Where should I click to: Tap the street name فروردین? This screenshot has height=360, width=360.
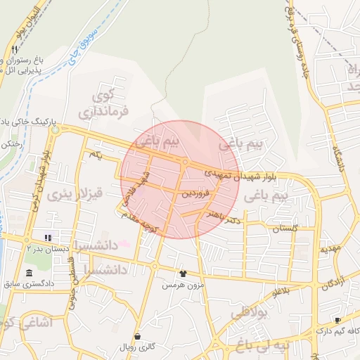pyautogui.click(x=196, y=193)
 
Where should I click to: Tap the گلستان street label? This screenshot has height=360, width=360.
pyautogui.click(x=285, y=229)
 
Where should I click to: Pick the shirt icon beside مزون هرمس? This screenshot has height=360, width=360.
pyautogui.click(x=183, y=274)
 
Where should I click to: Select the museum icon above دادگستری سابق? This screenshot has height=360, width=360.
pyautogui.click(x=29, y=273)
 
